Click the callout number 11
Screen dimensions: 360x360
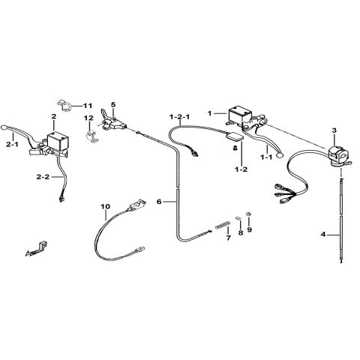pyautogui.click(x=88, y=106)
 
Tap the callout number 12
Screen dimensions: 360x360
pyautogui.click(x=88, y=118)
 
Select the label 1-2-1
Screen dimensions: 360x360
pyautogui.click(x=179, y=117)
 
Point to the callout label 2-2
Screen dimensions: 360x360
pyautogui.click(x=43, y=177)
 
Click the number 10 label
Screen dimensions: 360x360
pyautogui.click(x=106, y=206)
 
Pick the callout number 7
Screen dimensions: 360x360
pyautogui.click(x=229, y=238)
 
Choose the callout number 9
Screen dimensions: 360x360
pyautogui.click(x=250, y=229)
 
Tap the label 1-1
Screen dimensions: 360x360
pyautogui.click(x=266, y=157)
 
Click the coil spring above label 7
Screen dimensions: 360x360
pyautogui.click(x=223, y=225)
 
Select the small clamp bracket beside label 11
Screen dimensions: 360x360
pyautogui.click(x=64, y=106)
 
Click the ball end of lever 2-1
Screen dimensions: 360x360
pyautogui.click(x=4, y=127)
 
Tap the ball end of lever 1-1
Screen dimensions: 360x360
pyautogui.click(x=280, y=155)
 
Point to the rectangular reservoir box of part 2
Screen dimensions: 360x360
pyautogui.click(x=58, y=141)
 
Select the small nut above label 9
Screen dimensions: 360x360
pyautogui.click(x=248, y=214)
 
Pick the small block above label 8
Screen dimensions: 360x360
pyautogui.click(x=238, y=217)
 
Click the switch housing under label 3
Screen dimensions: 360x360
pyautogui.click(x=337, y=155)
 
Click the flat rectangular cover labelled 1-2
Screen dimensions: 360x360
pyautogui.click(x=234, y=137)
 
